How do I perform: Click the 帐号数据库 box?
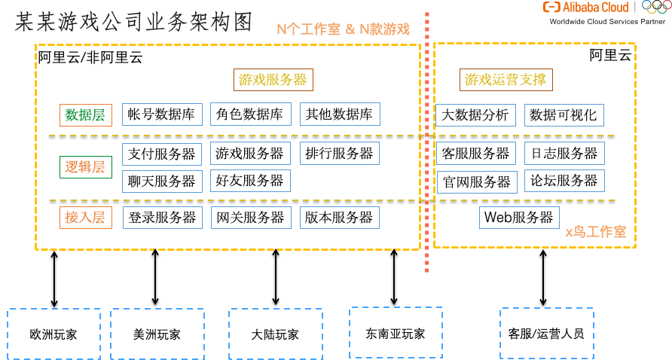[x=161, y=114]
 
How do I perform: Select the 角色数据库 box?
[x=249, y=114]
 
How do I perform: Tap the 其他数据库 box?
[x=339, y=114]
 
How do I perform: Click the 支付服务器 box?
[x=161, y=154]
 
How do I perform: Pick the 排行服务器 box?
[x=339, y=154]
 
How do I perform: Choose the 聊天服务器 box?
[x=161, y=181]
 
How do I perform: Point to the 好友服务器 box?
[x=249, y=181]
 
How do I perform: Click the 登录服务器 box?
[x=161, y=218]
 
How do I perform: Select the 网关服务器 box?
[x=249, y=218]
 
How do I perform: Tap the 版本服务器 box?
[x=339, y=218]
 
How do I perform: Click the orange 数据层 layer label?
[x=85, y=115]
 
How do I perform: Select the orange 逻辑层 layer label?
[x=85, y=167]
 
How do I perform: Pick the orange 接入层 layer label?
[x=85, y=218]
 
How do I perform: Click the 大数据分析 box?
[x=475, y=115]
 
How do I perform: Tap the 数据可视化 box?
[x=564, y=115]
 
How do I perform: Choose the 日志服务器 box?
[x=564, y=154]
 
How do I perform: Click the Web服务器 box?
[x=518, y=218]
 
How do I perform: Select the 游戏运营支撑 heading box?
[x=506, y=80]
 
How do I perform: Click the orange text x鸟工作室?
[x=596, y=232]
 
